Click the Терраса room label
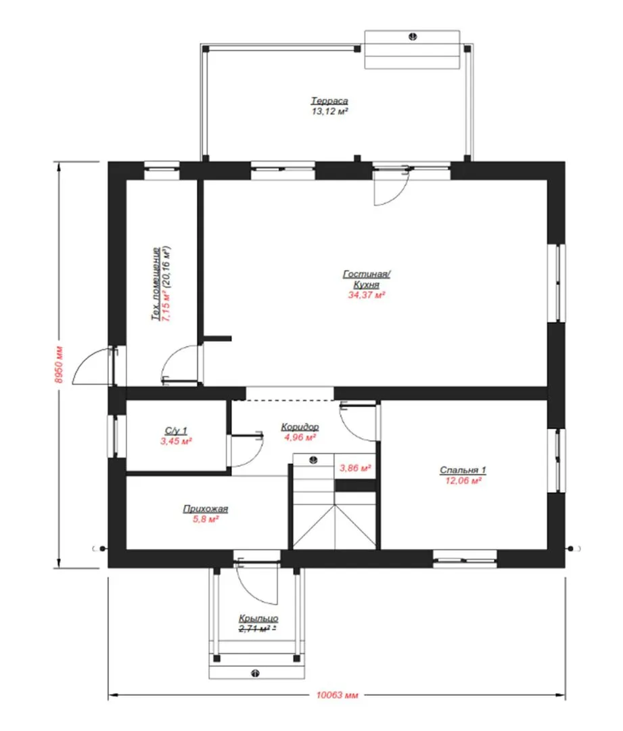(x=329, y=101)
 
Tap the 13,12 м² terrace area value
(x=329, y=112)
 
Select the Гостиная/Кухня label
(x=366, y=280)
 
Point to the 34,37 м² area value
(x=366, y=295)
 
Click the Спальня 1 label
(x=463, y=470)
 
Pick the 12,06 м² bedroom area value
(x=463, y=481)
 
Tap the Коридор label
(x=300, y=426)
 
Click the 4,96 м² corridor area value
(x=300, y=437)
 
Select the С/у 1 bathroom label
(x=176, y=430)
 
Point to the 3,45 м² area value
(x=176, y=441)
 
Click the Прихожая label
(x=206, y=508)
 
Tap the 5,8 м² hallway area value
(x=206, y=519)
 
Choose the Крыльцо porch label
(x=258, y=618)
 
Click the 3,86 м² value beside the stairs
(x=354, y=468)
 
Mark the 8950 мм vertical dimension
(x=59, y=365)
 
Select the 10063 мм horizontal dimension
(x=337, y=695)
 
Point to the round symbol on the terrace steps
(x=413, y=37)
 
